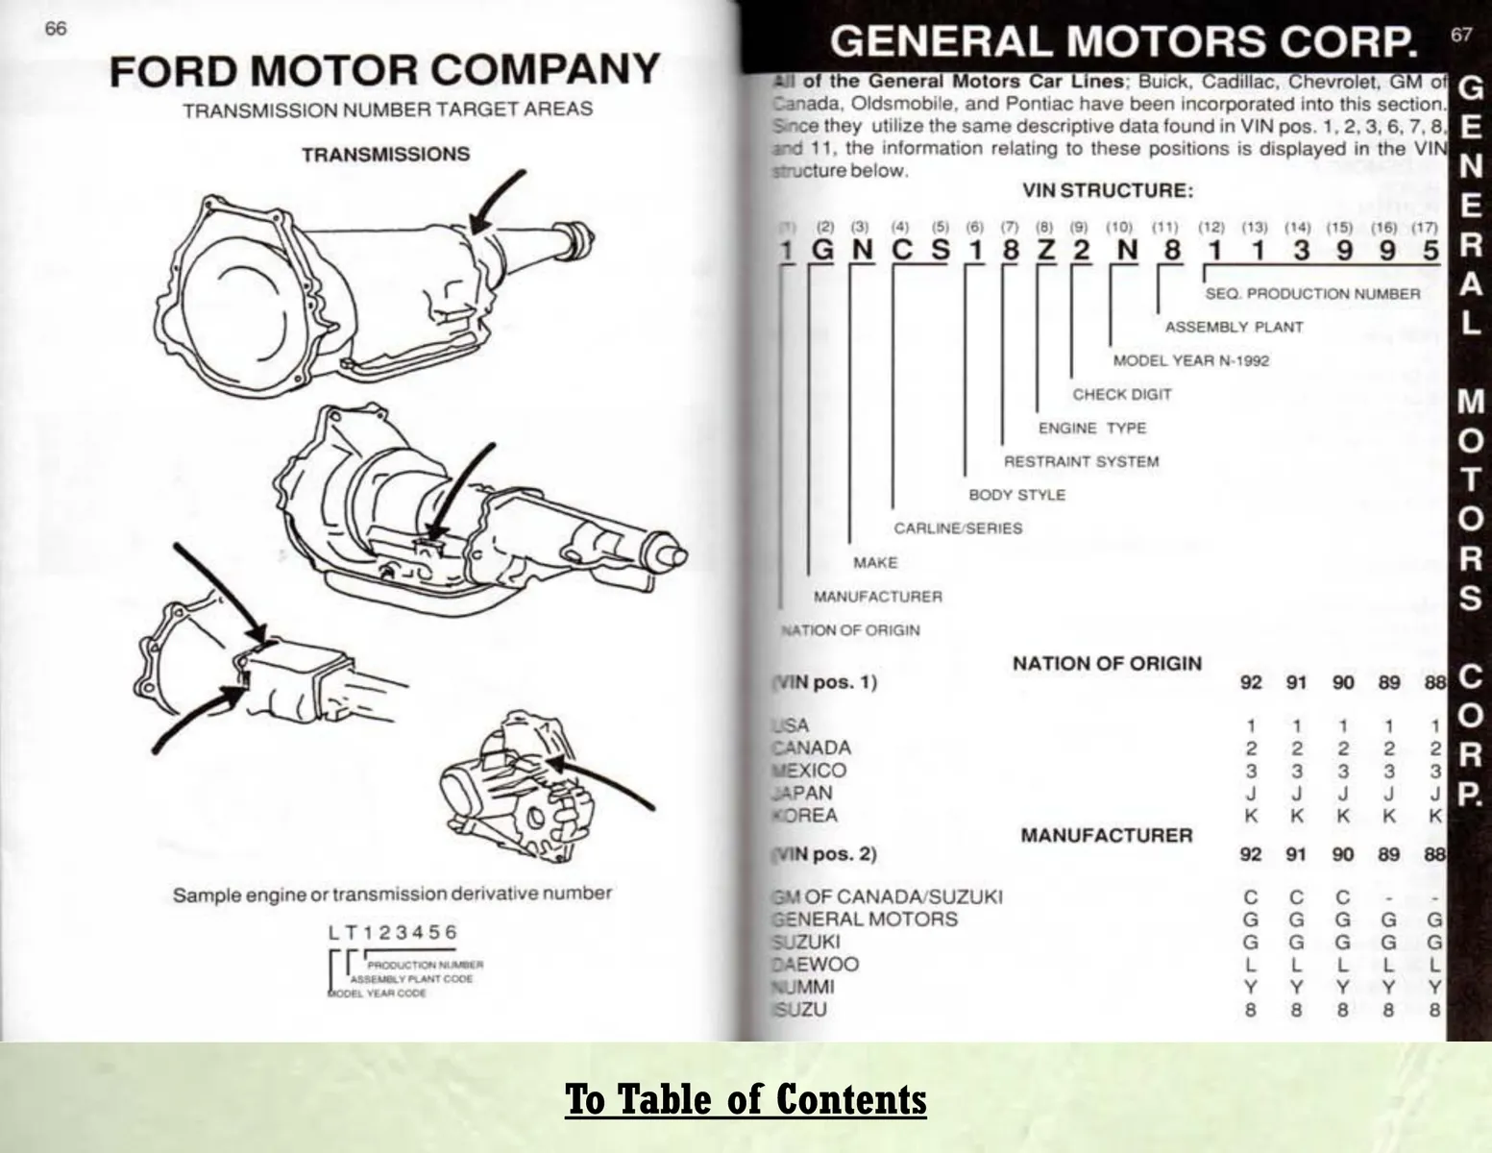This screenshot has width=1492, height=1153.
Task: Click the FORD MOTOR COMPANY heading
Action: (x=385, y=72)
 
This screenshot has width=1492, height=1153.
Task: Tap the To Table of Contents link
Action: (x=746, y=1098)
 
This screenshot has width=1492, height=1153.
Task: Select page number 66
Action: (x=56, y=29)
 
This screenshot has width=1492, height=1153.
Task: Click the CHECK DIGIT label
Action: (x=1121, y=394)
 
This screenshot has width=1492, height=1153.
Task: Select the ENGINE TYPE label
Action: (x=1091, y=428)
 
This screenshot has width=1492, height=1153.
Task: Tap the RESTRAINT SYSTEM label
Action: (x=1081, y=461)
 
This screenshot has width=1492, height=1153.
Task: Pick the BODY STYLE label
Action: (x=1016, y=495)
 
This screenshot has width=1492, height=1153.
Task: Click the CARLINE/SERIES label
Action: (x=958, y=528)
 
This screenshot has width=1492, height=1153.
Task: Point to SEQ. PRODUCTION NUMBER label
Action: (x=1312, y=294)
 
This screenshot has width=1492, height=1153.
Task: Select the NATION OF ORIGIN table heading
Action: (x=1107, y=664)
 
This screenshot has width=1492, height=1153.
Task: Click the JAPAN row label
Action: (x=802, y=794)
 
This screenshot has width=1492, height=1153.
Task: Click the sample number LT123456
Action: (x=393, y=932)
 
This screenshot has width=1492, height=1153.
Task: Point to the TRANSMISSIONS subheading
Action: (x=385, y=155)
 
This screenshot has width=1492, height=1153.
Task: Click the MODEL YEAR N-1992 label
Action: (x=1190, y=361)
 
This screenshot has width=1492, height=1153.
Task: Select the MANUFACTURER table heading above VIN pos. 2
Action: (x=1106, y=836)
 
